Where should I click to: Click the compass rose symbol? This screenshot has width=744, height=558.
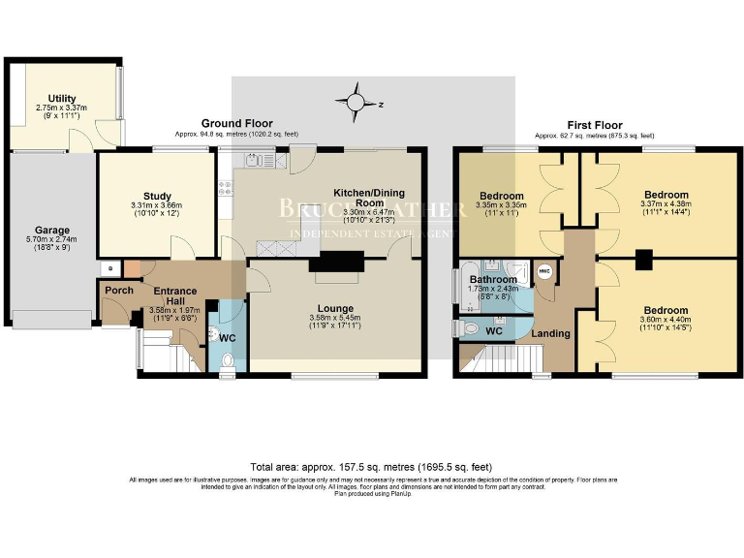pos(357,101)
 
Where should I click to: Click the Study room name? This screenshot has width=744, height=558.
pos(157,196)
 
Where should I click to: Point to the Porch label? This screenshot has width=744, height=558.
pos(119,290)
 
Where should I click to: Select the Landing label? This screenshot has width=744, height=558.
pos(551,334)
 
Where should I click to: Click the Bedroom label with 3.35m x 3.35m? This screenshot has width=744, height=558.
pos(501,196)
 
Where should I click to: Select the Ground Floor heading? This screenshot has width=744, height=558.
pos(235,123)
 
